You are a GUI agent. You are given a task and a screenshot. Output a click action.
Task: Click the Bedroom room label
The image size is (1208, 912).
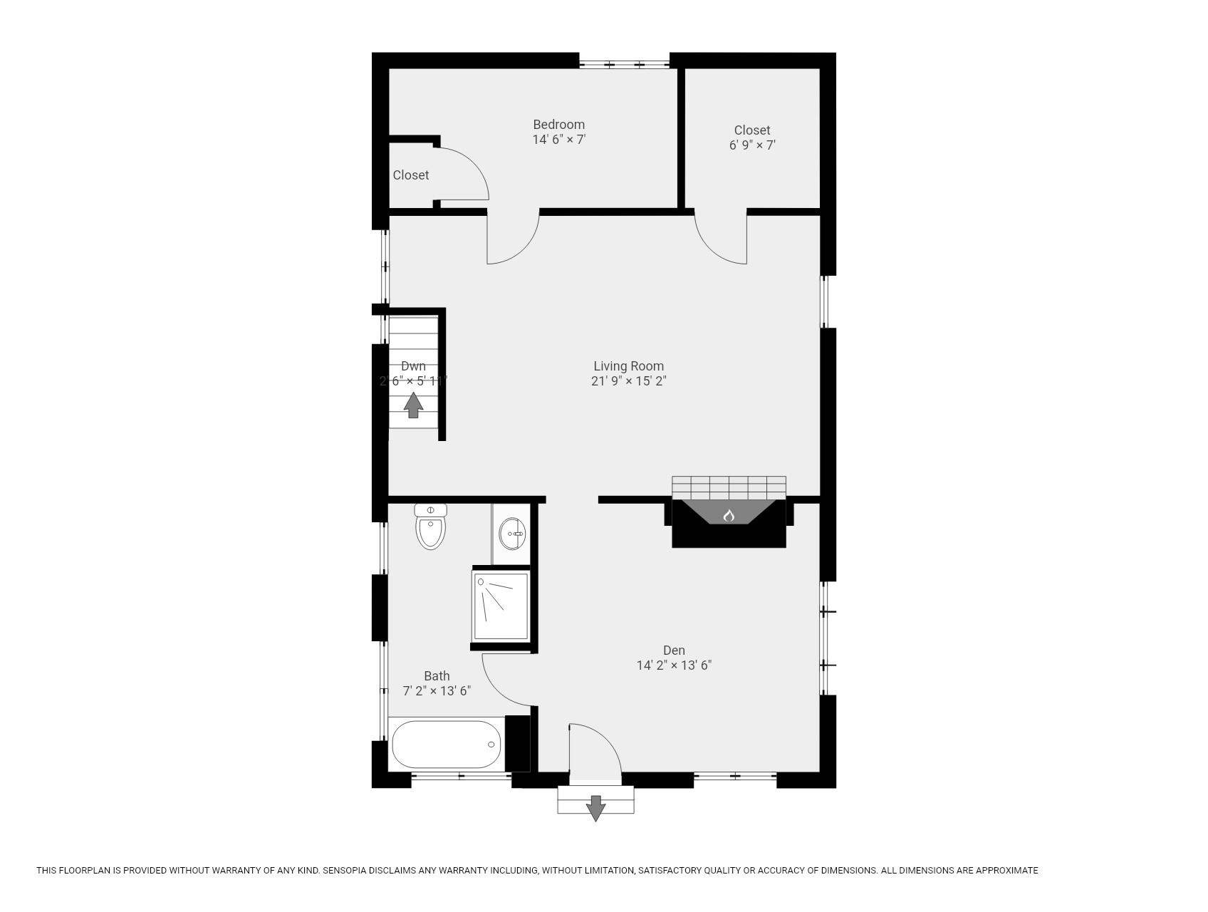pyautogui.click(x=558, y=125)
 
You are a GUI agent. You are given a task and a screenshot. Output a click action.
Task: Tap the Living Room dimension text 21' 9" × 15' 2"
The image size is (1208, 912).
pyautogui.click(x=628, y=381)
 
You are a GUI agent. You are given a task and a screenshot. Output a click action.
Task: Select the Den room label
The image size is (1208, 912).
pyautogui.click(x=674, y=651)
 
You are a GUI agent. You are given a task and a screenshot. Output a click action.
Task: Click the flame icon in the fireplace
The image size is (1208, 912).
pyautogui.click(x=729, y=515)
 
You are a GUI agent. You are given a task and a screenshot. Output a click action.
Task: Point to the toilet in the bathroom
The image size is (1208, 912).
pyautogui.click(x=430, y=528)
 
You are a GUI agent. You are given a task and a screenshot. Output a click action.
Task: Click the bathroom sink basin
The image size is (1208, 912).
pyautogui.click(x=511, y=534)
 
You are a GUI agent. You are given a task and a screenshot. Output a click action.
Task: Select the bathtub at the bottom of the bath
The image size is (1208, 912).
pyautogui.click(x=446, y=745)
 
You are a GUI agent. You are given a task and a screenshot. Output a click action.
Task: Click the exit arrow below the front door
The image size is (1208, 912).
pyautogui.click(x=595, y=807)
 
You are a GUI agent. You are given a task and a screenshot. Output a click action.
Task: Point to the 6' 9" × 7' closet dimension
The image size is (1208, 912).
pyautogui.click(x=752, y=145)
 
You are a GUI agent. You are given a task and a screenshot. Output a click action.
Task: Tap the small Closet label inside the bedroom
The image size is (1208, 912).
pyautogui.click(x=411, y=175)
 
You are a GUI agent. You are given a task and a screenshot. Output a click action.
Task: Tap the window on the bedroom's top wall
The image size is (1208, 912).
pyautogui.click(x=624, y=65)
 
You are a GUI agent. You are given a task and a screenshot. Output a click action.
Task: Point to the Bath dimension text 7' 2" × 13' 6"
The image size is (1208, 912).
pyautogui.click(x=437, y=691)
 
